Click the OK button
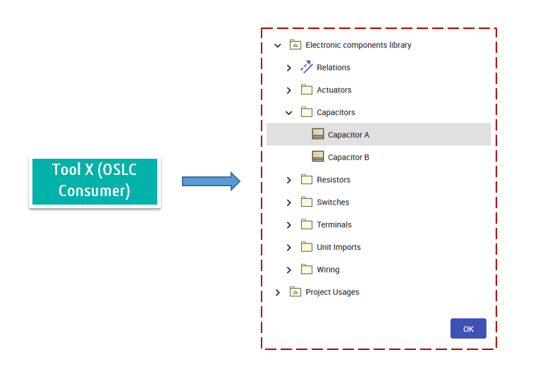[x=468, y=329]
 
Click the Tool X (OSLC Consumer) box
[x=94, y=181]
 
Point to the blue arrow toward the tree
[x=211, y=181]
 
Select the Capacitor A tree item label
[x=348, y=135]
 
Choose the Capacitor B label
[x=348, y=157]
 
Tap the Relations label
[x=333, y=68]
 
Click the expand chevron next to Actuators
[x=289, y=90]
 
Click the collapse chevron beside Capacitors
[x=289, y=112]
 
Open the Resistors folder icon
[x=306, y=180]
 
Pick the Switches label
[x=333, y=202]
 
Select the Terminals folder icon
[x=306, y=224]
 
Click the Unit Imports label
[x=338, y=247]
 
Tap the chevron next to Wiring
[x=289, y=270]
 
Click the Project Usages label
[x=332, y=292]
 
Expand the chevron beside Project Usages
[x=278, y=292]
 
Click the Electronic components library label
[x=358, y=45]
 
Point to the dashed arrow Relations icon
[x=306, y=68]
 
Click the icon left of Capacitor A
[x=317, y=135]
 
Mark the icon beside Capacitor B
[x=317, y=157]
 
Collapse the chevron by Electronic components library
[x=278, y=45]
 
